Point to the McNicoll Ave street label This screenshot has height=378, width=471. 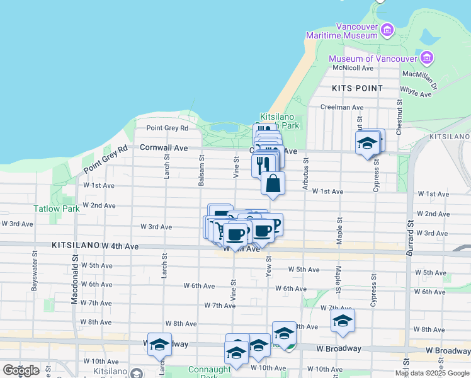click(353, 68)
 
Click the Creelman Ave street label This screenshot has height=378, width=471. click(342, 107)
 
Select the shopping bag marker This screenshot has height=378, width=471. click(273, 183)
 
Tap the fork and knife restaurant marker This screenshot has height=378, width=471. click(263, 164)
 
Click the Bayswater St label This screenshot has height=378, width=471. click(34, 273)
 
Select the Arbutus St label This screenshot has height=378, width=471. click(305, 178)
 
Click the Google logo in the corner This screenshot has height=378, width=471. click(21, 370)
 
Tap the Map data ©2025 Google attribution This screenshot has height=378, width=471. click(432, 373)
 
